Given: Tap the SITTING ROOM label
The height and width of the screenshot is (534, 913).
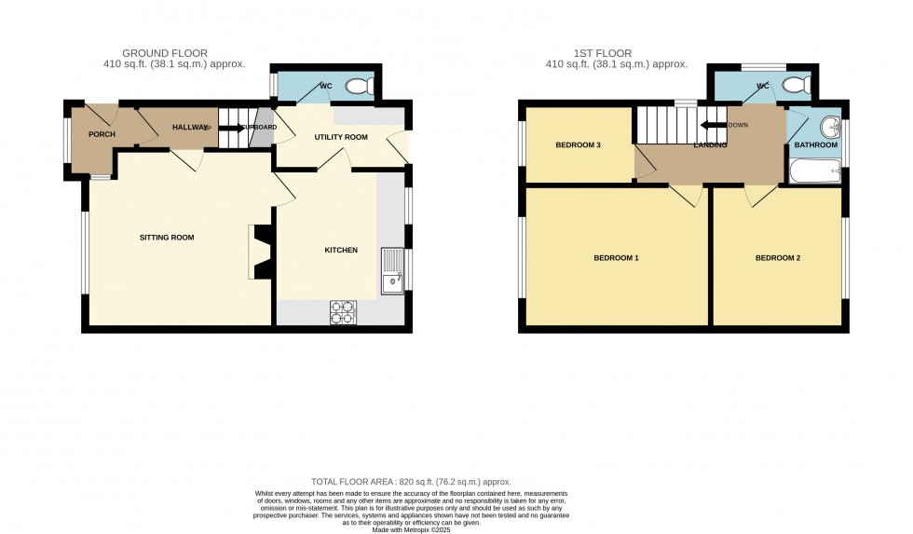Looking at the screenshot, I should click(x=167, y=238).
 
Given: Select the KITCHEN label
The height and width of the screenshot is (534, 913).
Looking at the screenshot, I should click(x=340, y=250).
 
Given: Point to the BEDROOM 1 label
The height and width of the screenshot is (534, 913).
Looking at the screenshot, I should click(x=616, y=257).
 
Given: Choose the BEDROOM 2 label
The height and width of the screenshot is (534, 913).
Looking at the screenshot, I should click(x=777, y=257).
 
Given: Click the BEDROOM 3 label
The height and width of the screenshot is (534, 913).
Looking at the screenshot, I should click(x=578, y=145).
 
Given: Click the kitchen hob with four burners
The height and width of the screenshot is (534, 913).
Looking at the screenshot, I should click(x=343, y=312).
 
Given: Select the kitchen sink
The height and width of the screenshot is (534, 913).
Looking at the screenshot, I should click(x=392, y=269).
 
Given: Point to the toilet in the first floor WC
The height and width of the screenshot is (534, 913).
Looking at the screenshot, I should click(x=795, y=87).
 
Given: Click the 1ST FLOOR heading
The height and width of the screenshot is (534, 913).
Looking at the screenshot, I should click(x=616, y=53).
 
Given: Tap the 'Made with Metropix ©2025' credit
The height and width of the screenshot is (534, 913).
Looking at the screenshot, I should click(x=411, y=528).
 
